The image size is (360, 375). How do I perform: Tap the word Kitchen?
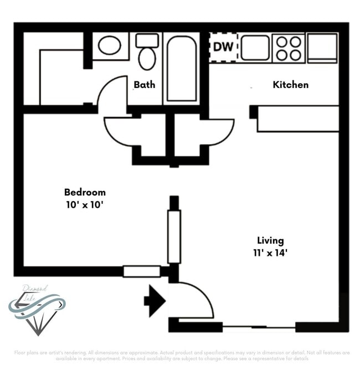click(290, 85)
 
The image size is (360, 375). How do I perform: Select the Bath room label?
click(144, 85)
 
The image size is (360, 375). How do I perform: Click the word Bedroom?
click(85, 192)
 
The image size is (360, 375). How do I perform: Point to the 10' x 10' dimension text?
click(85, 203)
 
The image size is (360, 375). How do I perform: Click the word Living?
click(270, 240)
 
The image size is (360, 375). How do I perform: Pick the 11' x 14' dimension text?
click(270, 253)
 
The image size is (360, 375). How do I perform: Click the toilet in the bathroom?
click(147, 53)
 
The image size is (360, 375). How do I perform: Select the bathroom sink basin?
click(109, 45)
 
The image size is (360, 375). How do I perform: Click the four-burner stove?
click(289, 48)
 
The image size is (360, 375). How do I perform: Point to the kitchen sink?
click(255, 48)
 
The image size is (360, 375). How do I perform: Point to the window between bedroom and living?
click(174, 237)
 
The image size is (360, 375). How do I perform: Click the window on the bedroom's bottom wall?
click(141, 271)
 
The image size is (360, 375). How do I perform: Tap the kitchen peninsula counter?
click(297, 119)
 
